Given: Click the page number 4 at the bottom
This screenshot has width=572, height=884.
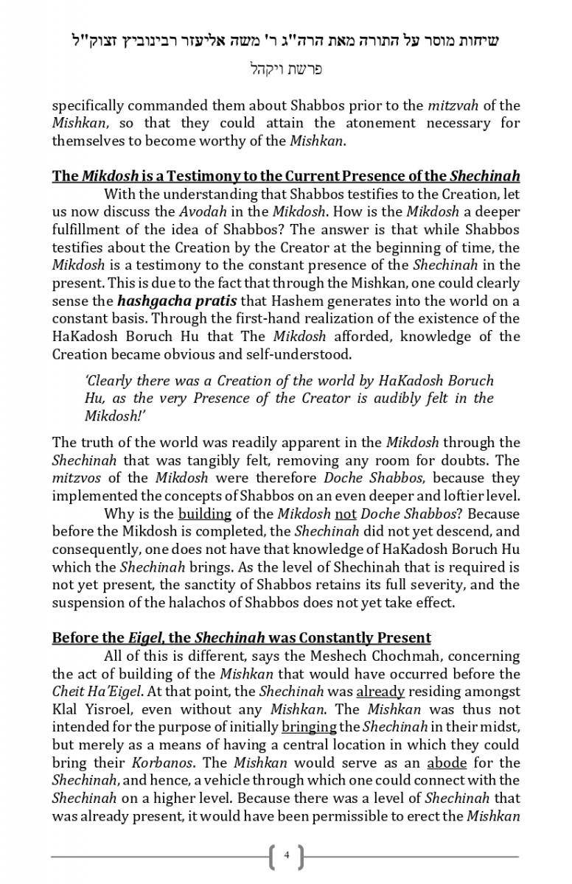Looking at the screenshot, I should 286,855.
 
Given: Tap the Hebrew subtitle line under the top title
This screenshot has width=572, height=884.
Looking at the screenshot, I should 286,70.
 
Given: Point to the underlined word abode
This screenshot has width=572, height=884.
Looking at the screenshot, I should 447,762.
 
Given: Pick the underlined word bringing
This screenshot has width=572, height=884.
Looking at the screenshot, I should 309,727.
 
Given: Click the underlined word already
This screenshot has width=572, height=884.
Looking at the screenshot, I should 380,692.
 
